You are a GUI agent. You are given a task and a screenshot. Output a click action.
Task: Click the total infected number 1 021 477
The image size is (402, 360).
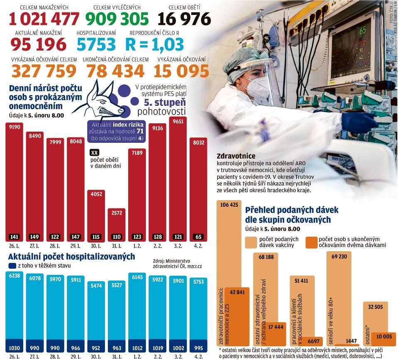coord(44,19)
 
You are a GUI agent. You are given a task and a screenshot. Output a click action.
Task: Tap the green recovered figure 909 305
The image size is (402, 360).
coord(117,19)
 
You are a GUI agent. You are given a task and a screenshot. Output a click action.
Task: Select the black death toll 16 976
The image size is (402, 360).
coord(184,19)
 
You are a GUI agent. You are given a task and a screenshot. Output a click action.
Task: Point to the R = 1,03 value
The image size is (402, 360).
coord(155,44)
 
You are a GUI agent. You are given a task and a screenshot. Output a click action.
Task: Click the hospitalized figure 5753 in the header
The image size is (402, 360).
coord(96,44)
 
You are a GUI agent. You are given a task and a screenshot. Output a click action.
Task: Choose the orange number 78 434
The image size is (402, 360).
coord(115,71)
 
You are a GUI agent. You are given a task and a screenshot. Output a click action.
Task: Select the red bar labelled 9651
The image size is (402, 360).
coord(178,179)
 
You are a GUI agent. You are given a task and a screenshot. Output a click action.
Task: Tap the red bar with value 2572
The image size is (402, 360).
coord(117,222)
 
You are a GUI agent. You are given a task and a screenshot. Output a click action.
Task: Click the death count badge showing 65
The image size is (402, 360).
coord(198,237)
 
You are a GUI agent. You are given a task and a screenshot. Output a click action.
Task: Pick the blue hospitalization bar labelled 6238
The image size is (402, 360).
coord(14,307)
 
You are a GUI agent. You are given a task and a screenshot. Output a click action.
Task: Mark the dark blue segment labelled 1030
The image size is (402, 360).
coord(14,347)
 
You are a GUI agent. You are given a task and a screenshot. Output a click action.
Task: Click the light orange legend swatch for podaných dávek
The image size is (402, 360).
coord(251,242)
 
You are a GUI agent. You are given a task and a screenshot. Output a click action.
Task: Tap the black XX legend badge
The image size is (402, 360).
coord(95,153)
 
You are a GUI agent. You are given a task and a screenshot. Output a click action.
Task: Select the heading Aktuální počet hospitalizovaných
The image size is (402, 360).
coord(71,257)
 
